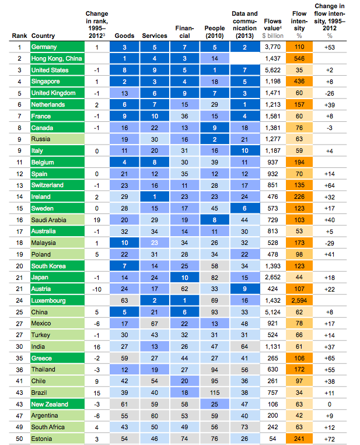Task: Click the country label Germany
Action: (x=44, y=47)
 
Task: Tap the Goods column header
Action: (x=124, y=36)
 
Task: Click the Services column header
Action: (x=155, y=36)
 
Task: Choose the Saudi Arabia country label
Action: (x=49, y=220)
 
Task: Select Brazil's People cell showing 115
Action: (x=215, y=393)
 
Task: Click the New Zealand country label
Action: (x=50, y=404)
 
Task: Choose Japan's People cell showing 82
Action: (x=215, y=278)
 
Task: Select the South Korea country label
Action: (x=48, y=266)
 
